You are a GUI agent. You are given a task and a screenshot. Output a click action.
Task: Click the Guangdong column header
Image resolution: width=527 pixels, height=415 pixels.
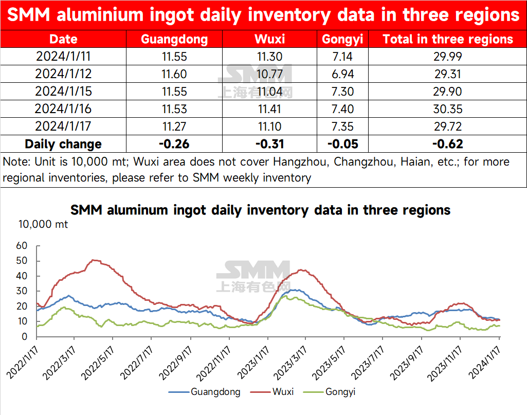[x=174, y=40]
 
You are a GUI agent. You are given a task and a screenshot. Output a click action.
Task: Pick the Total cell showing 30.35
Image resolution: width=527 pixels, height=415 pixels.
[x=448, y=109]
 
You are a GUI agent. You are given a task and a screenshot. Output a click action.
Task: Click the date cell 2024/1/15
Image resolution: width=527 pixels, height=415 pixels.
[x=63, y=92]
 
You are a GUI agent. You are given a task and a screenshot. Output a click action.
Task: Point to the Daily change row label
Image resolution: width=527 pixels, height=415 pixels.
[x=63, y=144]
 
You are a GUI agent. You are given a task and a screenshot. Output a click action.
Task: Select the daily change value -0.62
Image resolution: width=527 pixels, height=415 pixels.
[x=448, y=144]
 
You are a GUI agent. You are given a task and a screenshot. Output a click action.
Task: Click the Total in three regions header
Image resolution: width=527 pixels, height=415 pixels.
[x=448, y=40]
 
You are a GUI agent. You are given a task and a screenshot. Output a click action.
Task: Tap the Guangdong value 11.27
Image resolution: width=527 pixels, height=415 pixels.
[x=174, y=127]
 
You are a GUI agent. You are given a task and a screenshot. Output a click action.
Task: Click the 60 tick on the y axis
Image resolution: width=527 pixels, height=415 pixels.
[x=22, y=246]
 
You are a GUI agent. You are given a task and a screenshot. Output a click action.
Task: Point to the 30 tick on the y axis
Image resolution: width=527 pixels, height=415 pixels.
[x=22, y=291]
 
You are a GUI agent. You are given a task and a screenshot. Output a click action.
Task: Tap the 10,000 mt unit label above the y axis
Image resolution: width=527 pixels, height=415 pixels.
[x=43, y=224]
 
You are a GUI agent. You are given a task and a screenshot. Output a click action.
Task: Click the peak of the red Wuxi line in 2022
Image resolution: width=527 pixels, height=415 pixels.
[x=94, y=260]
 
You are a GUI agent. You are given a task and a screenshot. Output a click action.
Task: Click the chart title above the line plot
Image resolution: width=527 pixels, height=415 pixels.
[x=260, y=210]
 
